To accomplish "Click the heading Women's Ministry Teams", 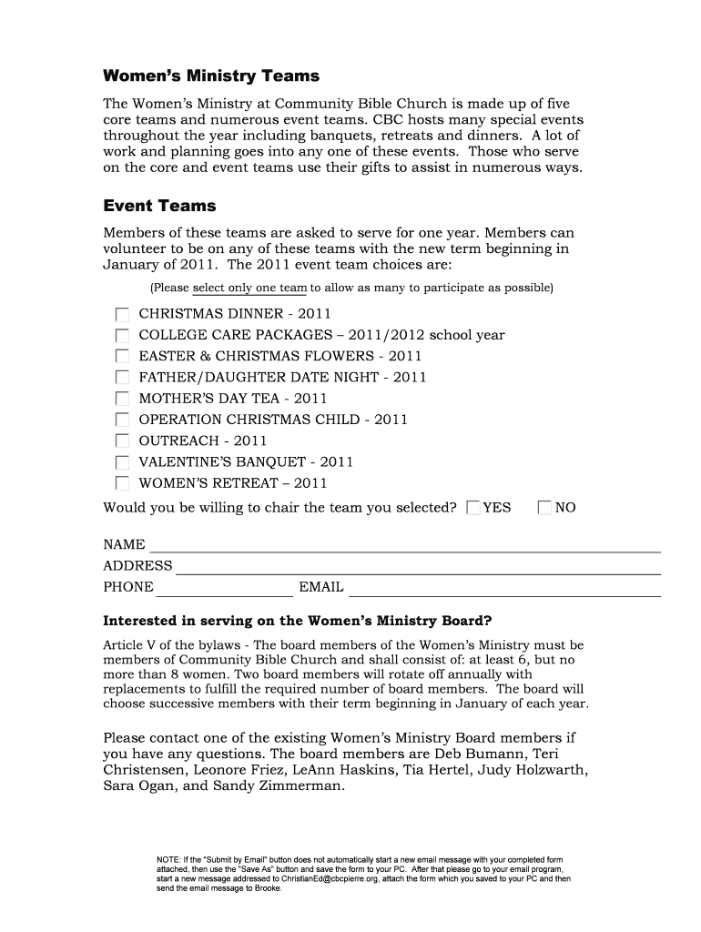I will click(211, 76).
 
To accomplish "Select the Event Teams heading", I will click(159, 206).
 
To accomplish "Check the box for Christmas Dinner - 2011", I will click(122, 314).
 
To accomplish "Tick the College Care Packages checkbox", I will click(122, 335).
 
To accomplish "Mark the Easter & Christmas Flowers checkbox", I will click(122, 356).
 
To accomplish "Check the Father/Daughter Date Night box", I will click(122, 377).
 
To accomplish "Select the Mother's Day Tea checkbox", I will click(122, 399).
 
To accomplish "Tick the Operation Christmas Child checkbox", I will click(122, 420).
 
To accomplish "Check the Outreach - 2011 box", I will click(122, 441).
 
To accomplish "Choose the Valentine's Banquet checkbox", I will click(122, 462).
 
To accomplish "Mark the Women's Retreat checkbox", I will click(122, 483).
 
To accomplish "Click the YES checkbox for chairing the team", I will click(472, 508).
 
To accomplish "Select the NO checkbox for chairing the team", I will click(544, 508).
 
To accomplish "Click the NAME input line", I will click(404, 545).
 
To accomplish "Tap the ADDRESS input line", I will click(417, 567).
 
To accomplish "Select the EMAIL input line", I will click(503, 588).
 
